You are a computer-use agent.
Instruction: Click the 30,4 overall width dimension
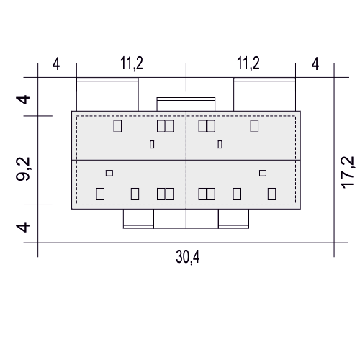[188, 257]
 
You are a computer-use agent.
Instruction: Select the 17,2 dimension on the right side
[347, 172]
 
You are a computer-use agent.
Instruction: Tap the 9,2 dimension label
[23, 168]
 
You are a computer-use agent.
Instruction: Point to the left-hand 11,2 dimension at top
[132, 63]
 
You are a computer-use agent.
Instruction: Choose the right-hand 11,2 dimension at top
[248, 63]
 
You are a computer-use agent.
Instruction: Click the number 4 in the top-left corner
[56, 64]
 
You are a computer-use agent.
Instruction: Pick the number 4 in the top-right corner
[315, 64]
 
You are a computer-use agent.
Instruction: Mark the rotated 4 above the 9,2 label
[23, 99]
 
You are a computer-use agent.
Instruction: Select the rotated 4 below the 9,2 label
[23, 228]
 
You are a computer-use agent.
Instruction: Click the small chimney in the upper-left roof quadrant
[152, 145]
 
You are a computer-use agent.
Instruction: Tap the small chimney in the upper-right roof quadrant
[220, 145]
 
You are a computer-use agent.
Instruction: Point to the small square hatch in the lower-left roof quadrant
[109, 173]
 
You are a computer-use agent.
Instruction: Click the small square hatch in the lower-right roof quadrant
[263, 173]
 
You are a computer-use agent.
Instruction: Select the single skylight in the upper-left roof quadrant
[117, 126]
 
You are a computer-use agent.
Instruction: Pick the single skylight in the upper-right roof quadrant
[254, 126]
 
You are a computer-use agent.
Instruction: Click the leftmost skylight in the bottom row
[100, 194]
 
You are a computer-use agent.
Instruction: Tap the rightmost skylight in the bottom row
[271, 194]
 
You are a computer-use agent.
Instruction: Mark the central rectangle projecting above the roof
[186, 104]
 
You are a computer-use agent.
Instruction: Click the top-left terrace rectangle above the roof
[107, 94]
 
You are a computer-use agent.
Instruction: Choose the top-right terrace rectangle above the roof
[265, 94]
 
